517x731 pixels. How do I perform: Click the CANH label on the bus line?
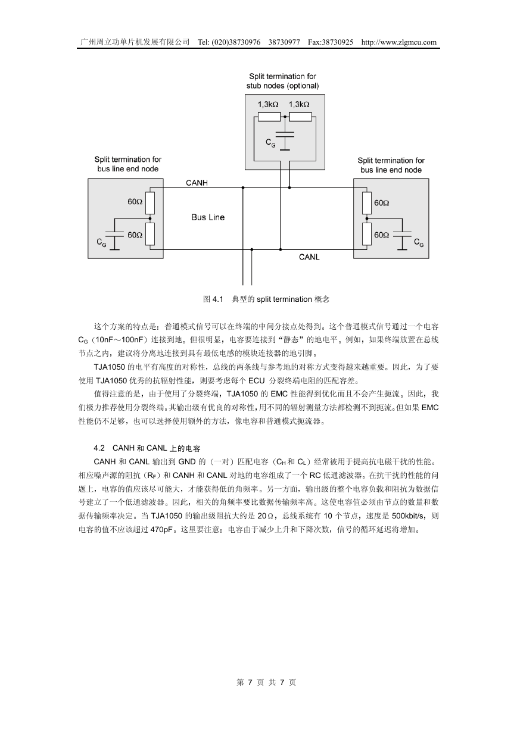[x=197, y=183]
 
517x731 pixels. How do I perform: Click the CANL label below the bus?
[x=309, y=257]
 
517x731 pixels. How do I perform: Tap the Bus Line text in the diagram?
[x=208, y=217]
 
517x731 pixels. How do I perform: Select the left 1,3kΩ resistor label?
[x=268, y=104]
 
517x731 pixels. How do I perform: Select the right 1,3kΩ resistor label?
[x=299, y=104]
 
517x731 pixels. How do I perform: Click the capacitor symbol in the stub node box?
[x=285, y=136]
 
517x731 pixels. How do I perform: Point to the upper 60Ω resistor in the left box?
[x=150, y=202]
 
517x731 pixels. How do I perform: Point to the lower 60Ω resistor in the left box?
[x=150, y=234]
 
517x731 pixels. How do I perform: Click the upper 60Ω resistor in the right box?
[x=367, y=202]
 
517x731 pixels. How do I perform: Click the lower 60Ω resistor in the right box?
[x=367, y=234]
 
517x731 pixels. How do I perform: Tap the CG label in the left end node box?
[x=101, y=242]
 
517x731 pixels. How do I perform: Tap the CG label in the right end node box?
[x=419, y=242]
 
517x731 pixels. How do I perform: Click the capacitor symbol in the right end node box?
[x=402, y=234]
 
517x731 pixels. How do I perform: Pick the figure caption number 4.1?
[x=217, y=299]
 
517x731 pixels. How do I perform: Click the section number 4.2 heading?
[x=99, y=448]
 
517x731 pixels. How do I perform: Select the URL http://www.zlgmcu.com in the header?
[x=399, y=42]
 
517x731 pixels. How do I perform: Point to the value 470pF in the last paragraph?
[x=161, y=530]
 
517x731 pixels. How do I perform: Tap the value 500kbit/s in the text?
[x=409, y=516]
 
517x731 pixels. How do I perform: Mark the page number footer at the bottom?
[x=266, y=682]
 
